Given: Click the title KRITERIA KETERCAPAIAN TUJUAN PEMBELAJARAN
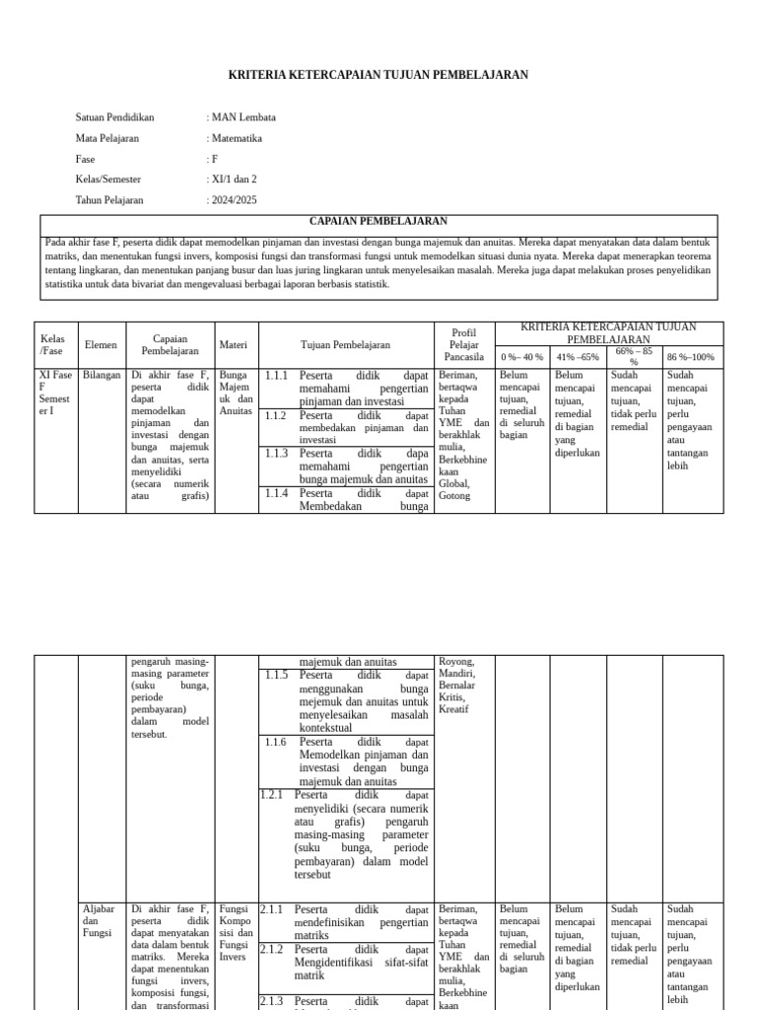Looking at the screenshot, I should pos(378,75).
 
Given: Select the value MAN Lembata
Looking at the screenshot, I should pos(243,117).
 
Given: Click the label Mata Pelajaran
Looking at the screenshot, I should pos(108,138).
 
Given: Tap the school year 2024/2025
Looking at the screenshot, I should pos(234,200).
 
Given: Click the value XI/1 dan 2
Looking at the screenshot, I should pos(235,180).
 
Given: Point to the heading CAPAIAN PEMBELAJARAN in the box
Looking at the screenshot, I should pos(378,222).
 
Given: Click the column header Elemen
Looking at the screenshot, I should pos(101,345).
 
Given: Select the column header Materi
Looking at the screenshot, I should pos(233,345).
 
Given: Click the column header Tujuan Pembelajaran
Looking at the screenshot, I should pos(345,345).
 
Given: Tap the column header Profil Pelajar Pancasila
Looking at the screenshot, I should pos(463,345).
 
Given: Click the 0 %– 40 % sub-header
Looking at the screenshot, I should pos(521,357).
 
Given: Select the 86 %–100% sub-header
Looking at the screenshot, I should pos(691,357).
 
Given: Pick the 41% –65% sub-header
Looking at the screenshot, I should pos(578,357).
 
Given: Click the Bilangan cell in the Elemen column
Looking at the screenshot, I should pos(101,376).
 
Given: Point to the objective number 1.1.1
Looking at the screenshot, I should pos(276,376).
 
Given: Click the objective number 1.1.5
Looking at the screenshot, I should pos(276,676).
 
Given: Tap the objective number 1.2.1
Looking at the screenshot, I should pos(271,794).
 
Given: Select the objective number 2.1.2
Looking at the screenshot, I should pos(271,950).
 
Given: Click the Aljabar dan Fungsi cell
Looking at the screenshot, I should pos(99,921).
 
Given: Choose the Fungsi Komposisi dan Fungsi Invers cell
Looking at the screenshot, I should pos(236,933).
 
